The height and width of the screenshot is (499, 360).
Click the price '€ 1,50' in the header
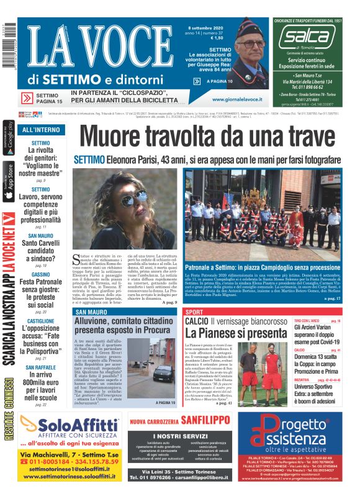click(199, 38)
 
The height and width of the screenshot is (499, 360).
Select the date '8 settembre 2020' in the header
click(204, 27)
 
